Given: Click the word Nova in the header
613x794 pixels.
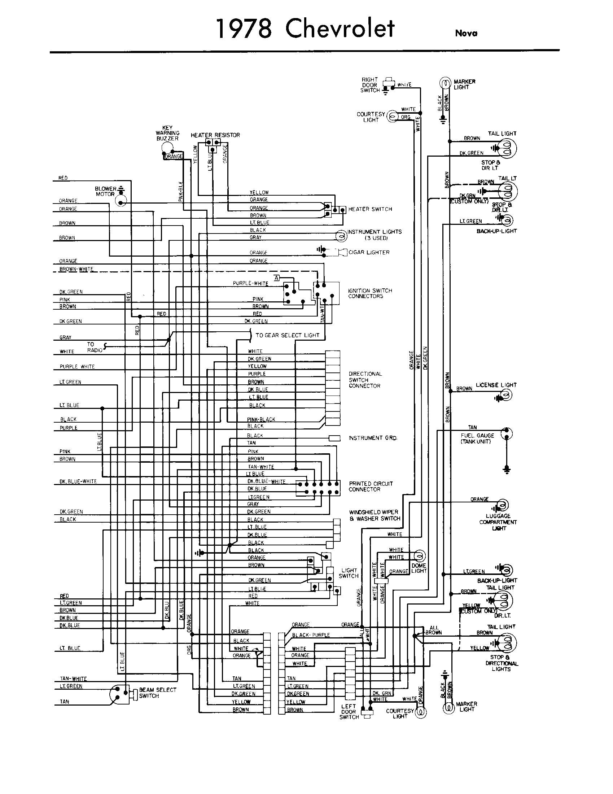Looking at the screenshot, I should (x=466, y=33).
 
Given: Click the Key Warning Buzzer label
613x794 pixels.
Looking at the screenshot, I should (x=167, y=133).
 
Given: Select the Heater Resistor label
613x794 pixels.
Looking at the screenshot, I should (x=215, y=135).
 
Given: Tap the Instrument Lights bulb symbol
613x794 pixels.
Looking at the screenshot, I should (x=341, y=236).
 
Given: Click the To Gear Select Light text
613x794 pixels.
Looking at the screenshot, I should (x=288, y=335).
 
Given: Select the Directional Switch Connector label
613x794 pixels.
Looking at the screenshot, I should (x=365, y=380).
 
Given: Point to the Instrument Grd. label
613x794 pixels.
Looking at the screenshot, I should (x=373, y=438).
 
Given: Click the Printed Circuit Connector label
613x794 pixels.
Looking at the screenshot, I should (x=371, y=486).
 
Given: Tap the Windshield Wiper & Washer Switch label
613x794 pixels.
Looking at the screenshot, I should (x=374, y=515).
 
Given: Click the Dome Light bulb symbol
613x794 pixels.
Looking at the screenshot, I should (x=420, y=556).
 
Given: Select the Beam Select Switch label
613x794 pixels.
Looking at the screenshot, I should (x=157, y=693).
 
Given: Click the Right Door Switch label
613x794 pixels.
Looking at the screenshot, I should (x=369, y=85).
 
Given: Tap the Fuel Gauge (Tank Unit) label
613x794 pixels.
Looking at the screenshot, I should (x=477, y=438).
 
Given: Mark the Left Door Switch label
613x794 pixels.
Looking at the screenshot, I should (x=349, y=711).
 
